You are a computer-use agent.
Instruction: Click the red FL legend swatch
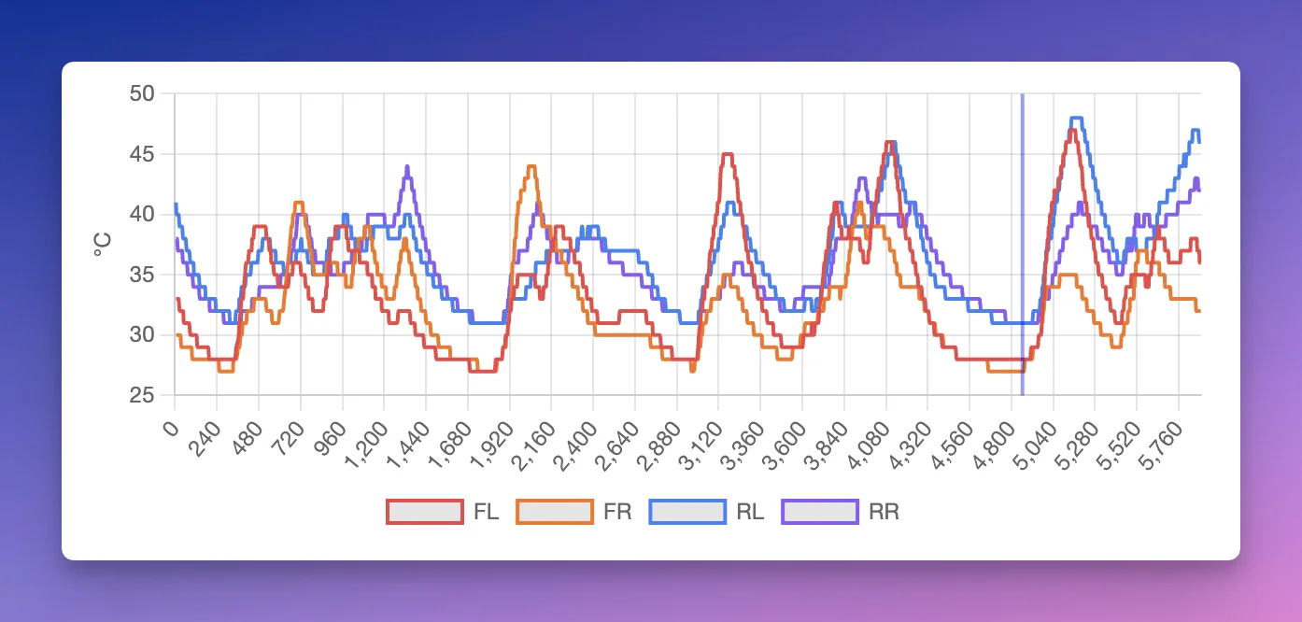(425, 512)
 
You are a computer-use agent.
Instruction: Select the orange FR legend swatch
(555, 512)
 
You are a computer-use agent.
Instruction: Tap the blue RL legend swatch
(687, 512)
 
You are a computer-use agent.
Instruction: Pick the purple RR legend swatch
(820, 512)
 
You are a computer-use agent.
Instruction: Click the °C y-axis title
(103, 245)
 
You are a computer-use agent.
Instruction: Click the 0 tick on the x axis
(170, 430)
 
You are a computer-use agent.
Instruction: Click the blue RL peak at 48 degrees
(1076, 118)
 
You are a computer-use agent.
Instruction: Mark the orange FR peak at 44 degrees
(531, 166)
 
